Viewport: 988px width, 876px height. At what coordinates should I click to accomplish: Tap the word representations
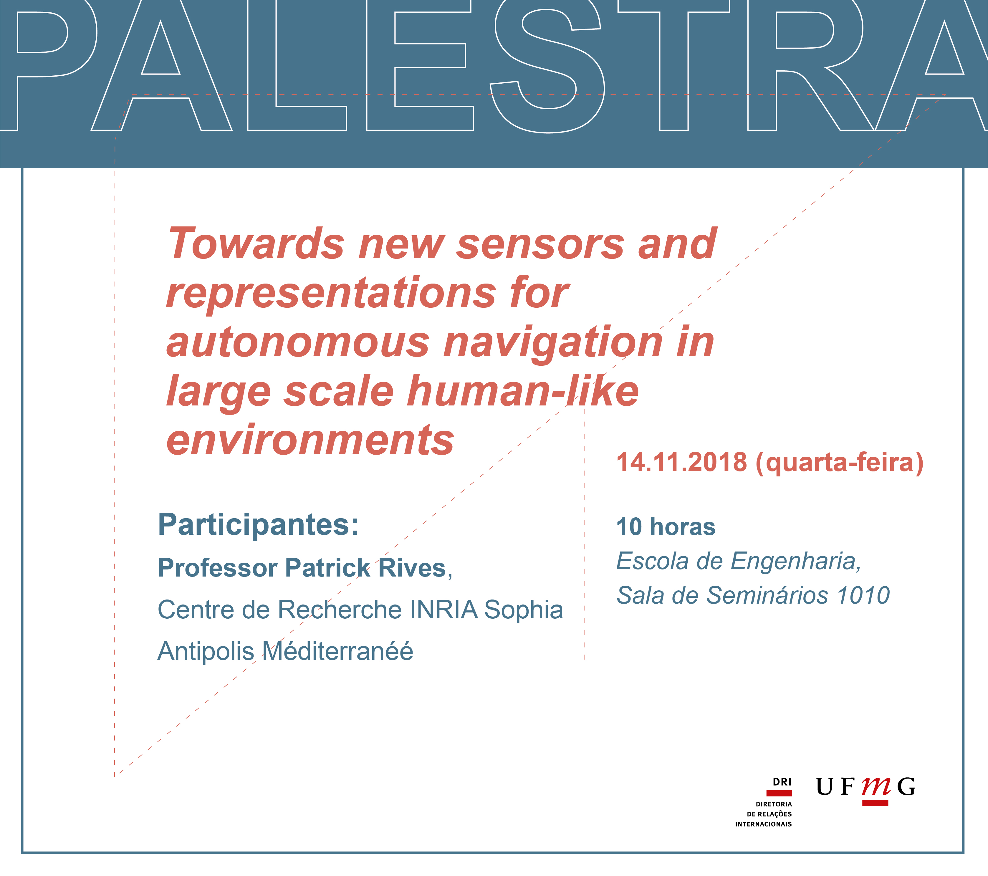click(331, 294)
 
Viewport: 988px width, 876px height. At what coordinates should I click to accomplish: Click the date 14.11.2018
click(681, 462)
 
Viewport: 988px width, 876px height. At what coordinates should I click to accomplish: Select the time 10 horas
click(666, 527)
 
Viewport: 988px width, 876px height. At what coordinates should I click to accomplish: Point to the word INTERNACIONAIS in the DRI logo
click(763, 824)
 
